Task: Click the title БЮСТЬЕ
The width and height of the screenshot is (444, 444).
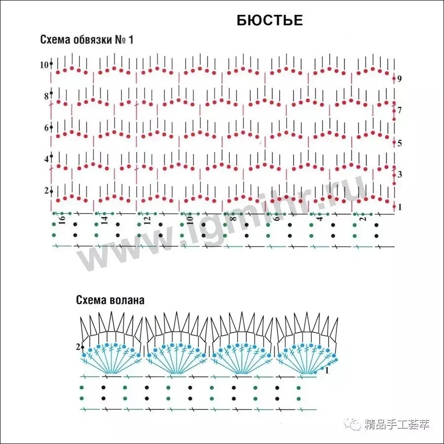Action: pos(269,20)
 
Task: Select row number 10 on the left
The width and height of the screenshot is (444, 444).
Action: pos(44,65)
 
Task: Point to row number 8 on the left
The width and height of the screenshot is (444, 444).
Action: pos(46,96)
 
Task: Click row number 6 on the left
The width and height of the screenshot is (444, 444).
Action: pos(46,128)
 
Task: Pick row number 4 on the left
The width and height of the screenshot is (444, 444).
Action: pos(46,159)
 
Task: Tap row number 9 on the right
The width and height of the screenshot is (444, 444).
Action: pos(400,79)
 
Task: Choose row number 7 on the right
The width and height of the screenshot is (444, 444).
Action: pos(400,111)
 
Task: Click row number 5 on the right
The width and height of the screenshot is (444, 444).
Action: pos(400,144)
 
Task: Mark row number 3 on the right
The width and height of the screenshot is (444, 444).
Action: pos(400,175)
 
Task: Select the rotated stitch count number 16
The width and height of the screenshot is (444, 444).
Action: pos(62,220)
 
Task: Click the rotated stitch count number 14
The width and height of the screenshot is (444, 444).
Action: pos(105,220)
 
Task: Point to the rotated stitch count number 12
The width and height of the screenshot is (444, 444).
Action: pos(147,220)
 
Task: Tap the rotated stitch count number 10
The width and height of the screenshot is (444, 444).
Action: pos(189,220)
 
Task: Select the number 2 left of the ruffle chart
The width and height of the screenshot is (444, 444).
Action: pos(78,347)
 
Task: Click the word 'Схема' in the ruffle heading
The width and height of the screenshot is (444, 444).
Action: pos(90,299)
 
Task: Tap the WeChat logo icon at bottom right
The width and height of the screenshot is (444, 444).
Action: pos(355,424)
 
